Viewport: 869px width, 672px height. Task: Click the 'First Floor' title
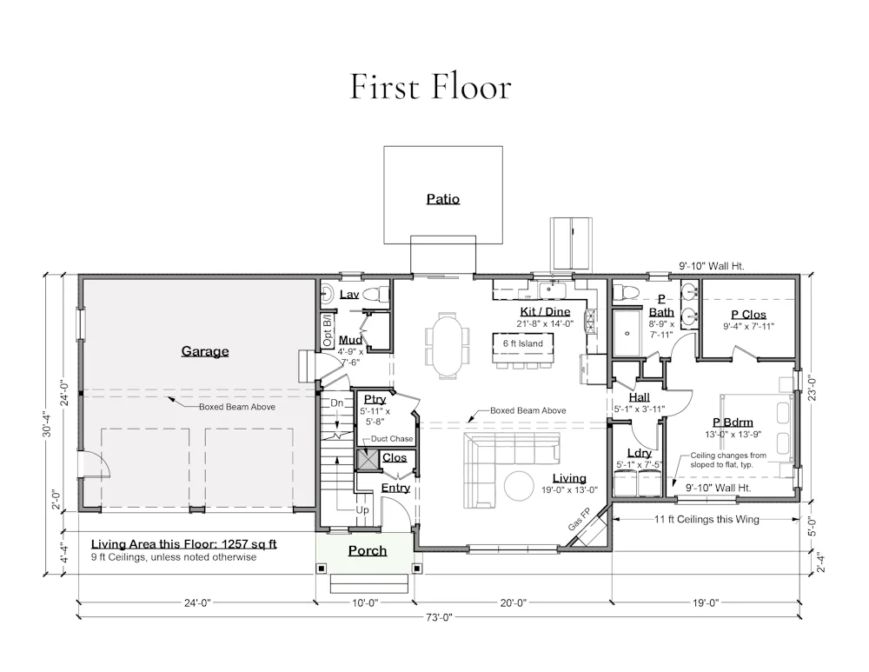click(x=431, y=87)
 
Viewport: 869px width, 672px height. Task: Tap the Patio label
click(x=443, y=198)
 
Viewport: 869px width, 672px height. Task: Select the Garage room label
click(x=205, y=351)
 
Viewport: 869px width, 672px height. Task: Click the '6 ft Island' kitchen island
click(x=522, y=348)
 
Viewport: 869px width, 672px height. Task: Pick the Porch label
click(x=368, y=550)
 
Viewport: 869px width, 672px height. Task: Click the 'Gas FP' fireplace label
click(x=579, y=519)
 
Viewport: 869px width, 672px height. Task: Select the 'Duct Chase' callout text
click(x=392, y=438)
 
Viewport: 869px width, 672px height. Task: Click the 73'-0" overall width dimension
click(x=439, y=617)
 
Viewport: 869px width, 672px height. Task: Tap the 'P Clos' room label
click(x=748, y=315)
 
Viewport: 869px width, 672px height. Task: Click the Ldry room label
click(x=639, y=453)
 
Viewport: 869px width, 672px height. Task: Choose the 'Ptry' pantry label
click(x=375, y=399)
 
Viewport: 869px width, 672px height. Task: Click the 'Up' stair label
click(x=362, y=510)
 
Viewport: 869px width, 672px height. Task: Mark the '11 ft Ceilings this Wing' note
click(x=706, y=520)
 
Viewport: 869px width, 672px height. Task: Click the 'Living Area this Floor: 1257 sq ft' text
click(x=184, y=544)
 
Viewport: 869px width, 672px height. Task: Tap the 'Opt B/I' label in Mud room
click(x=327, y=331)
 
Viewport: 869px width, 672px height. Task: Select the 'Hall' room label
click(x=639, y=397)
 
